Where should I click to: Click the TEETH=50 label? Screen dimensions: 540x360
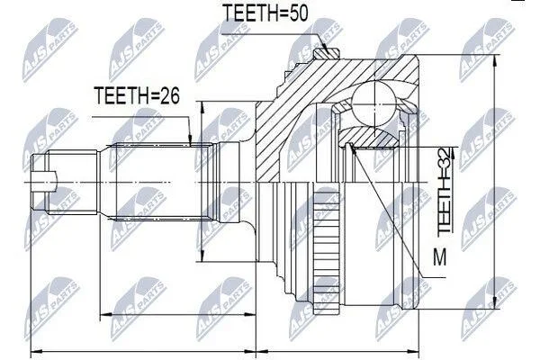point(265,13)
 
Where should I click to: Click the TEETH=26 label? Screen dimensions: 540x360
point(137,95)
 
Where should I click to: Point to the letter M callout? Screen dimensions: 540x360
point(439,257)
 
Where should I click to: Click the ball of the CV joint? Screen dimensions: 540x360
point(373,103)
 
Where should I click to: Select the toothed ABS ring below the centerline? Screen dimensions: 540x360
point(327,251)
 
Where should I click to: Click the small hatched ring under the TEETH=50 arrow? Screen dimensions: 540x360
point(327,53)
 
